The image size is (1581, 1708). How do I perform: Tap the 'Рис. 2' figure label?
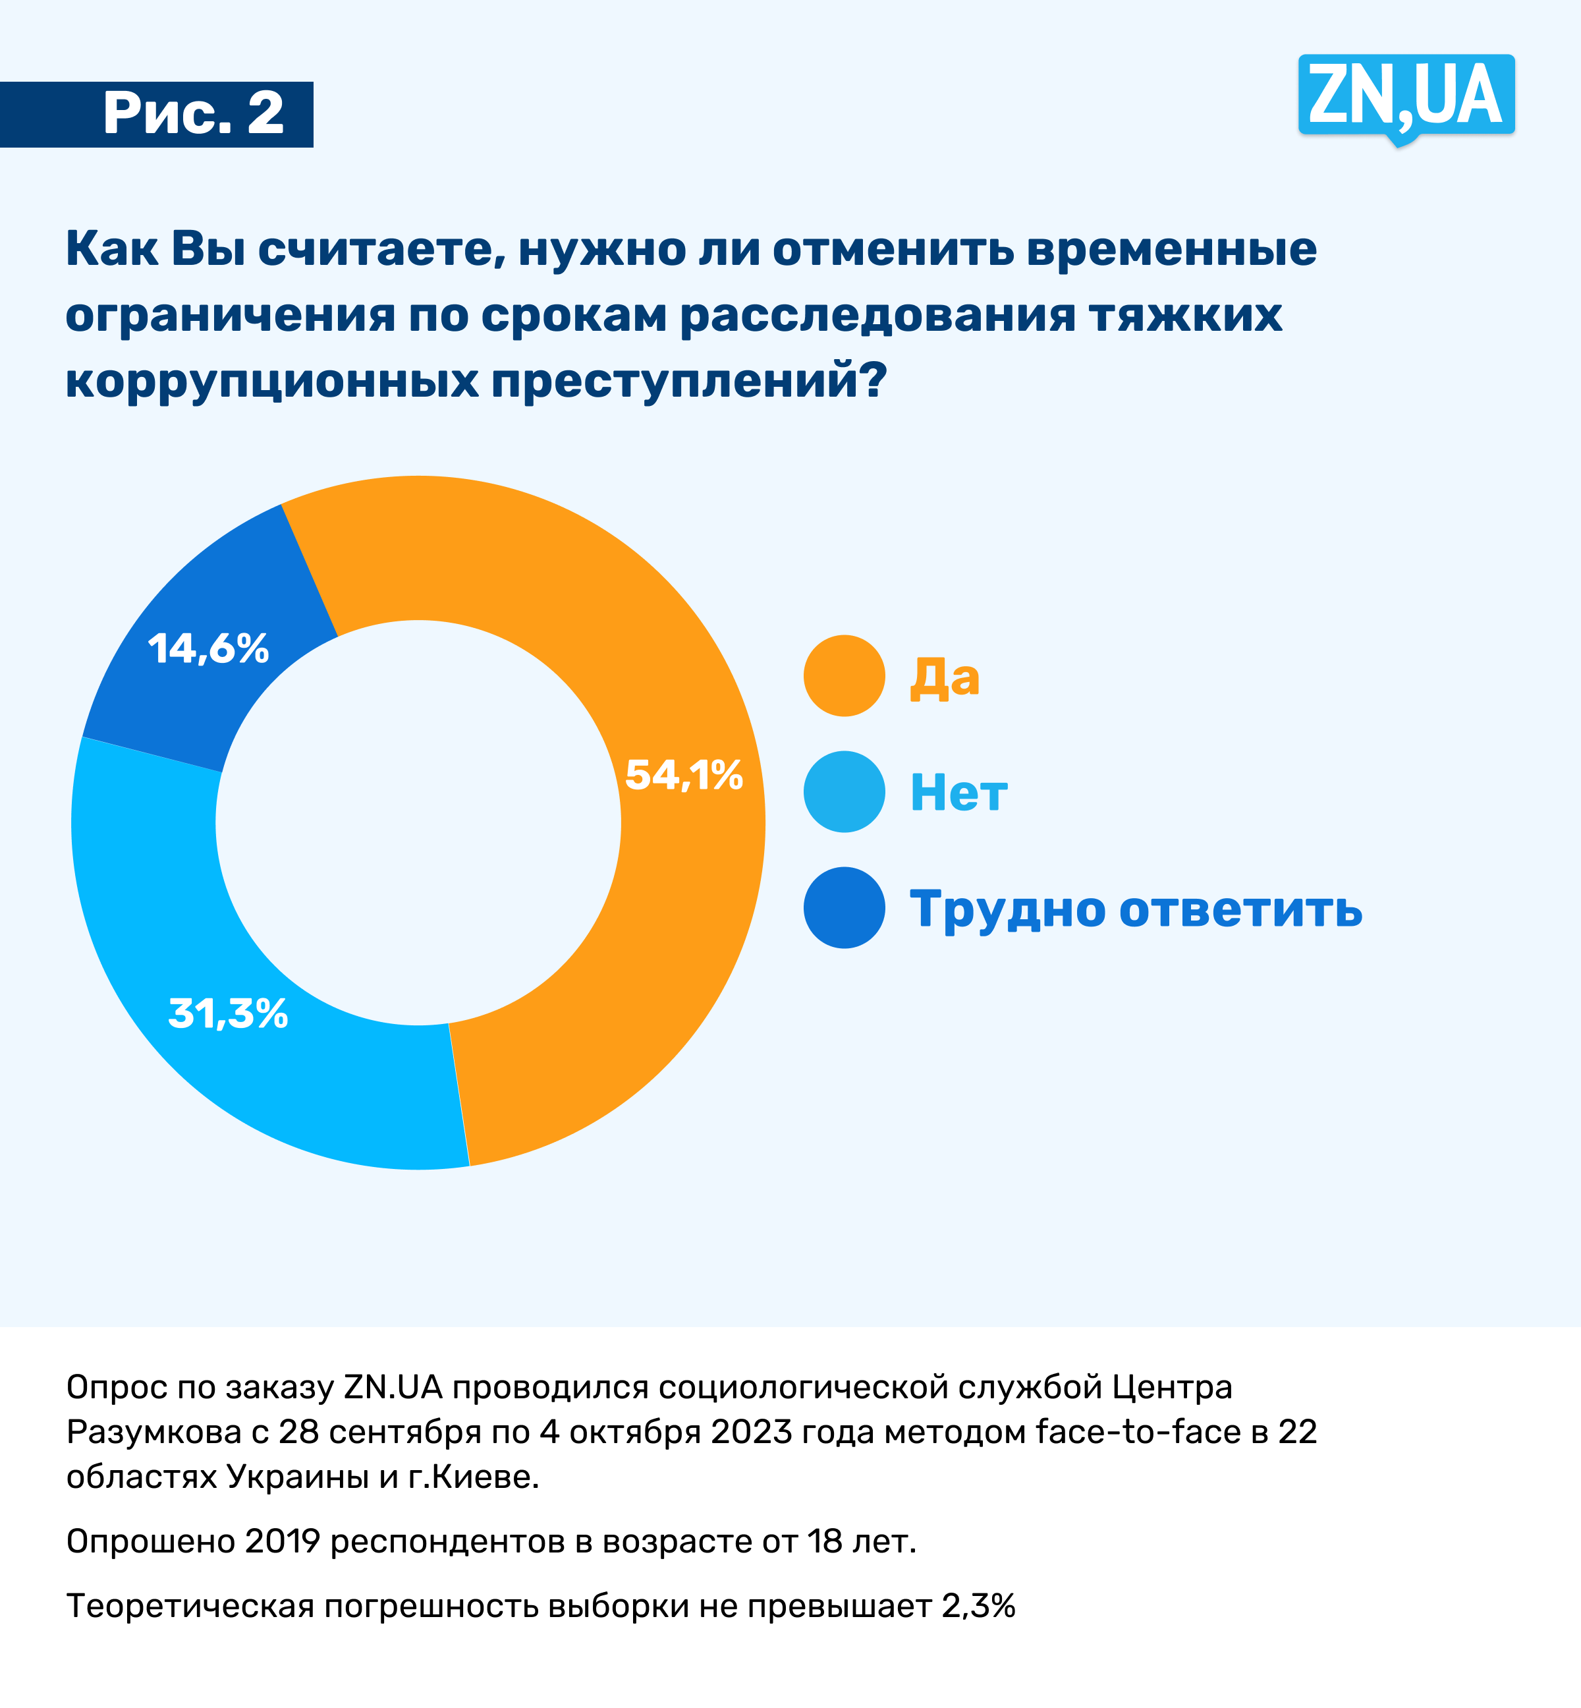194,114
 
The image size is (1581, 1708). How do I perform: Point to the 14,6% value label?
209,648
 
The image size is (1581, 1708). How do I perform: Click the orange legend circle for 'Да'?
844,676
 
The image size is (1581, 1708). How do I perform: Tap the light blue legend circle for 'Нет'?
844,791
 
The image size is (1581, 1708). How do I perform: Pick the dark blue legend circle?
844,908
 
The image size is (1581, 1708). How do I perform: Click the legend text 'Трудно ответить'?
1135,909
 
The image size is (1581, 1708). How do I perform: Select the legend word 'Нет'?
958,793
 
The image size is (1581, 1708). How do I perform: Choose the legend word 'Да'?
943,677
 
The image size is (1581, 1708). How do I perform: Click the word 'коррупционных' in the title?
272,381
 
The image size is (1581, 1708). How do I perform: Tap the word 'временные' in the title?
1171,249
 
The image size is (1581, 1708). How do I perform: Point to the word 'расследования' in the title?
877,315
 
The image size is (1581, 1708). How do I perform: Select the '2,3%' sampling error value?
978,1606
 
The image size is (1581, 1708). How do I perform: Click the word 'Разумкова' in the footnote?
154,1432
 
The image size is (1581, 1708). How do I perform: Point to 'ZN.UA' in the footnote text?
393,1387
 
